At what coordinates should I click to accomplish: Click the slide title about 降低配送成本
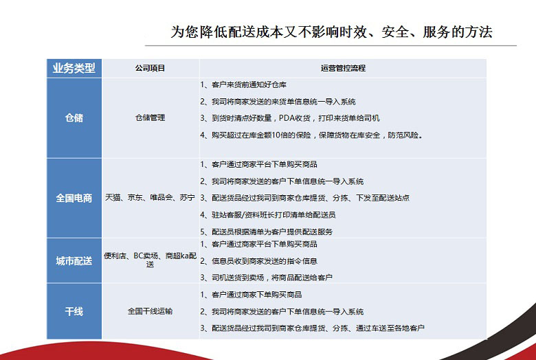click(x=331, y=32)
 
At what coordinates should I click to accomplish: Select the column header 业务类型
click(x=74, y=68)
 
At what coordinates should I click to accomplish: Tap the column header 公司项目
click(x=150, y=68)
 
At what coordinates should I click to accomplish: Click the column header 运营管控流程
click(x=343, y=68)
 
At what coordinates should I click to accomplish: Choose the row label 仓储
click(x=74, y=118)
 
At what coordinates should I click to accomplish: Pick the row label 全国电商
click(x=74, y=198)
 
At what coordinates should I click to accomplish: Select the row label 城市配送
click(x=74, y=261)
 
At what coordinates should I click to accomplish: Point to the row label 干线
click(x=74, y=311)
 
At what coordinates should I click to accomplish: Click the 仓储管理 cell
click(x=150, y=117)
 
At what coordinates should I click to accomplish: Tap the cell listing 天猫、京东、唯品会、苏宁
click(x=150, y=197)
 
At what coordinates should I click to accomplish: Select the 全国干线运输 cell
click(x=150, y=311)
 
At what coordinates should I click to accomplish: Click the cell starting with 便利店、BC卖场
click(x=150, y=260)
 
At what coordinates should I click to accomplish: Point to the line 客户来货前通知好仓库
click(x=243, y=85)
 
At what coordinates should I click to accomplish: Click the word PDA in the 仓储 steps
click(x=286, y=118)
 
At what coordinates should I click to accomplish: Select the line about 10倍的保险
click(x=312, y=135)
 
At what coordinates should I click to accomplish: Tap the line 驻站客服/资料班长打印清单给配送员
click(x=268, y=215)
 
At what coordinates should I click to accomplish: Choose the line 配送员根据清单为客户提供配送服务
click(x=267, y=232)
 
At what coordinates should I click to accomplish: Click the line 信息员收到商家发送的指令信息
click(x=259, y=261)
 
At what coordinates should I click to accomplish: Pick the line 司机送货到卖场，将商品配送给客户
click(x=267, y=278)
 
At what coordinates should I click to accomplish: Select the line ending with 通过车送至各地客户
click(x=313, y=328)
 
